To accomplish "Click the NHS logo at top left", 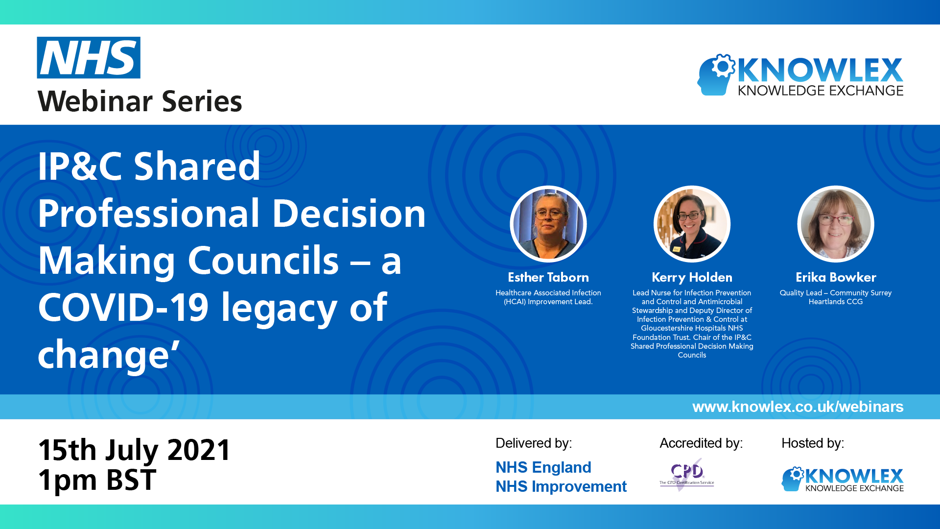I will [x=89, y=58].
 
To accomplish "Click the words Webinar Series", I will [x=140, y=101].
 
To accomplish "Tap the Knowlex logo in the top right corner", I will [x=800, y=75].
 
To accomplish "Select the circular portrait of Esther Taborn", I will [x=548, y=224].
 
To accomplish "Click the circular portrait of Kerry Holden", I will [x=692, y=224].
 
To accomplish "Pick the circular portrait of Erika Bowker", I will [x=835, y=224].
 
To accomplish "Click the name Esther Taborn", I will [x=548, y=277].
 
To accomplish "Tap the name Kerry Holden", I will [x=692, y=277].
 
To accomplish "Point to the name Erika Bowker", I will [x=835, y=277].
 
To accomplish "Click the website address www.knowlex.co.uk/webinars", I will [x=798, y=407].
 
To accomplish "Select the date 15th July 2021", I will [x=134, y=450].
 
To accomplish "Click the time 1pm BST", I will [x=97, y=480].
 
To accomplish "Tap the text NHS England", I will [x=543, y=467].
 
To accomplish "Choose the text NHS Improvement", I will [x=561, y=486].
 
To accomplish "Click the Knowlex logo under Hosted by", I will [x=842, y=479].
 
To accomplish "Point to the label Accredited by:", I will [x=701, y=443].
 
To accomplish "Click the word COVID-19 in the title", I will [x=123, y=308].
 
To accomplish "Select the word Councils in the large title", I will [x=263, y=261].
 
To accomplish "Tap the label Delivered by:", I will [x=533, y=443].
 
